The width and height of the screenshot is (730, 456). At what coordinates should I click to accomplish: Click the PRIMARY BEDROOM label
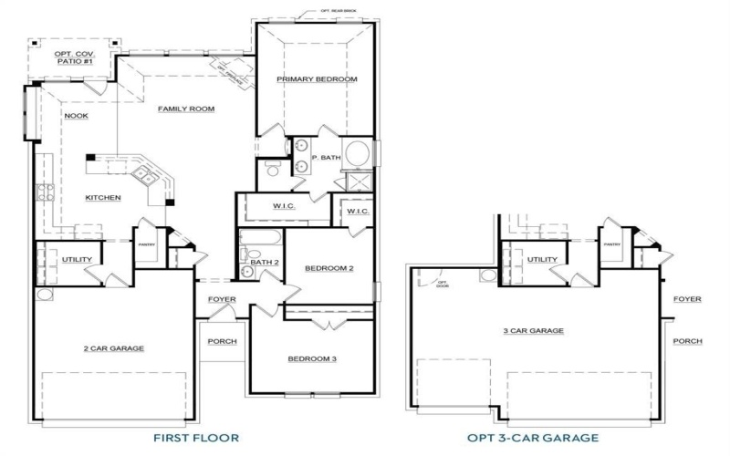317,79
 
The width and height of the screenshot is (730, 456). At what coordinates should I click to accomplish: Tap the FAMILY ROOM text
185,109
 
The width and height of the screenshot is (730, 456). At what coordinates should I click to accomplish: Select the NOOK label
76,116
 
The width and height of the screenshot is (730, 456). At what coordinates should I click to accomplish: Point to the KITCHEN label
103,198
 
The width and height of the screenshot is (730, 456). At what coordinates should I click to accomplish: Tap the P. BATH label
326,158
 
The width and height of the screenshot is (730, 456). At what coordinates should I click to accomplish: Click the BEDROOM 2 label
328,268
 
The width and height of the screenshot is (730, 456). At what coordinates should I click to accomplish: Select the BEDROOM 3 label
312,358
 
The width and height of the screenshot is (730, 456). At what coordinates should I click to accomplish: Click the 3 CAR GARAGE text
533,331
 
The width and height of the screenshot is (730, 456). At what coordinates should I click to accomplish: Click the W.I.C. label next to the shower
357,212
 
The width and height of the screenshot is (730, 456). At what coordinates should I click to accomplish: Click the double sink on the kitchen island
142,173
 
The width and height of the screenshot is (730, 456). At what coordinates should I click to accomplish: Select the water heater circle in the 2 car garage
43,295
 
